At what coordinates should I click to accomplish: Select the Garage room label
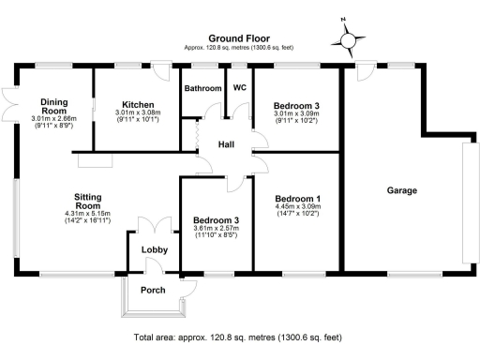point(401,191)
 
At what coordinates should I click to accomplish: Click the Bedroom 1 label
point(299,200)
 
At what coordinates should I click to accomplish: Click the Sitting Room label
point(94,202)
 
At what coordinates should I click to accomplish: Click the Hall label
point(227,145)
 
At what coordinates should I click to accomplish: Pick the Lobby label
point(155,250)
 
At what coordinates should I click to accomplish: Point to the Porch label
point(153,291)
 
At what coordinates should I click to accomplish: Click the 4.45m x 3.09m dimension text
point(299,210)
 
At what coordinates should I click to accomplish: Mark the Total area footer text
point(238,337)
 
